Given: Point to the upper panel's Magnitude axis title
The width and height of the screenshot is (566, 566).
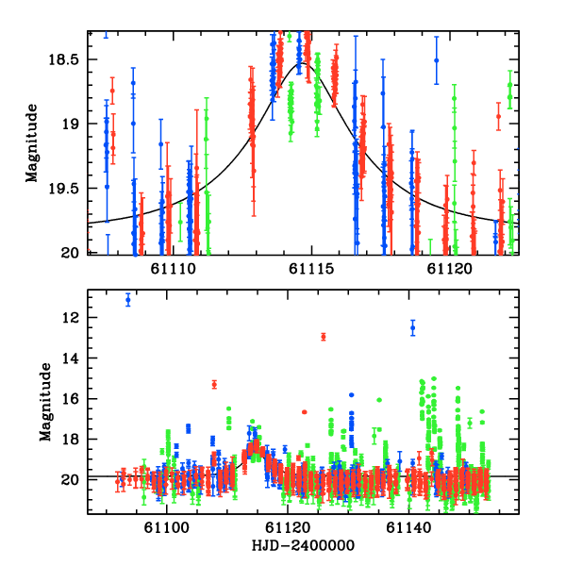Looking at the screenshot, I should click(x=33, y=141).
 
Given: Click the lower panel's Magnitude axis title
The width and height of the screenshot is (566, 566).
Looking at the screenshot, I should click(x=44, y=401).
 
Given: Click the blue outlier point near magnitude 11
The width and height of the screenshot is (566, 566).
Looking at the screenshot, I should click(x=128, y=300).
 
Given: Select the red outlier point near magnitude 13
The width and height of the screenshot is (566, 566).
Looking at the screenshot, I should click(x=324, y=337).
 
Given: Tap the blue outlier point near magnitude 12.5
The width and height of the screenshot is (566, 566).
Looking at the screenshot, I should click(x=412, y=327).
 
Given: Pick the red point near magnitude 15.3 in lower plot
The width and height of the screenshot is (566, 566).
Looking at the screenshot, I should click(x=214, y=384).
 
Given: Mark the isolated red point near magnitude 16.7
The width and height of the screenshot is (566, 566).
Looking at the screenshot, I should click(x=304, y=412).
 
